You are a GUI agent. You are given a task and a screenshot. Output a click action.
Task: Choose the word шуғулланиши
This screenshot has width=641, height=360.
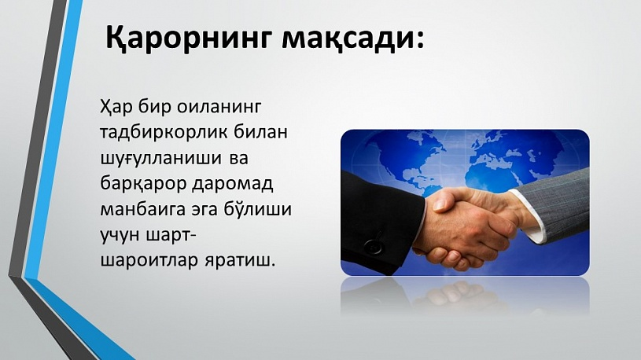160,159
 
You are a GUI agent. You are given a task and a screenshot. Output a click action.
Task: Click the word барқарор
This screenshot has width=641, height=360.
143,184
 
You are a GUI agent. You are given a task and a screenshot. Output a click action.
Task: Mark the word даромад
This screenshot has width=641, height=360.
233,184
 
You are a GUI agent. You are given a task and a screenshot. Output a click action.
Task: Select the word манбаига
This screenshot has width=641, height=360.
143,210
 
